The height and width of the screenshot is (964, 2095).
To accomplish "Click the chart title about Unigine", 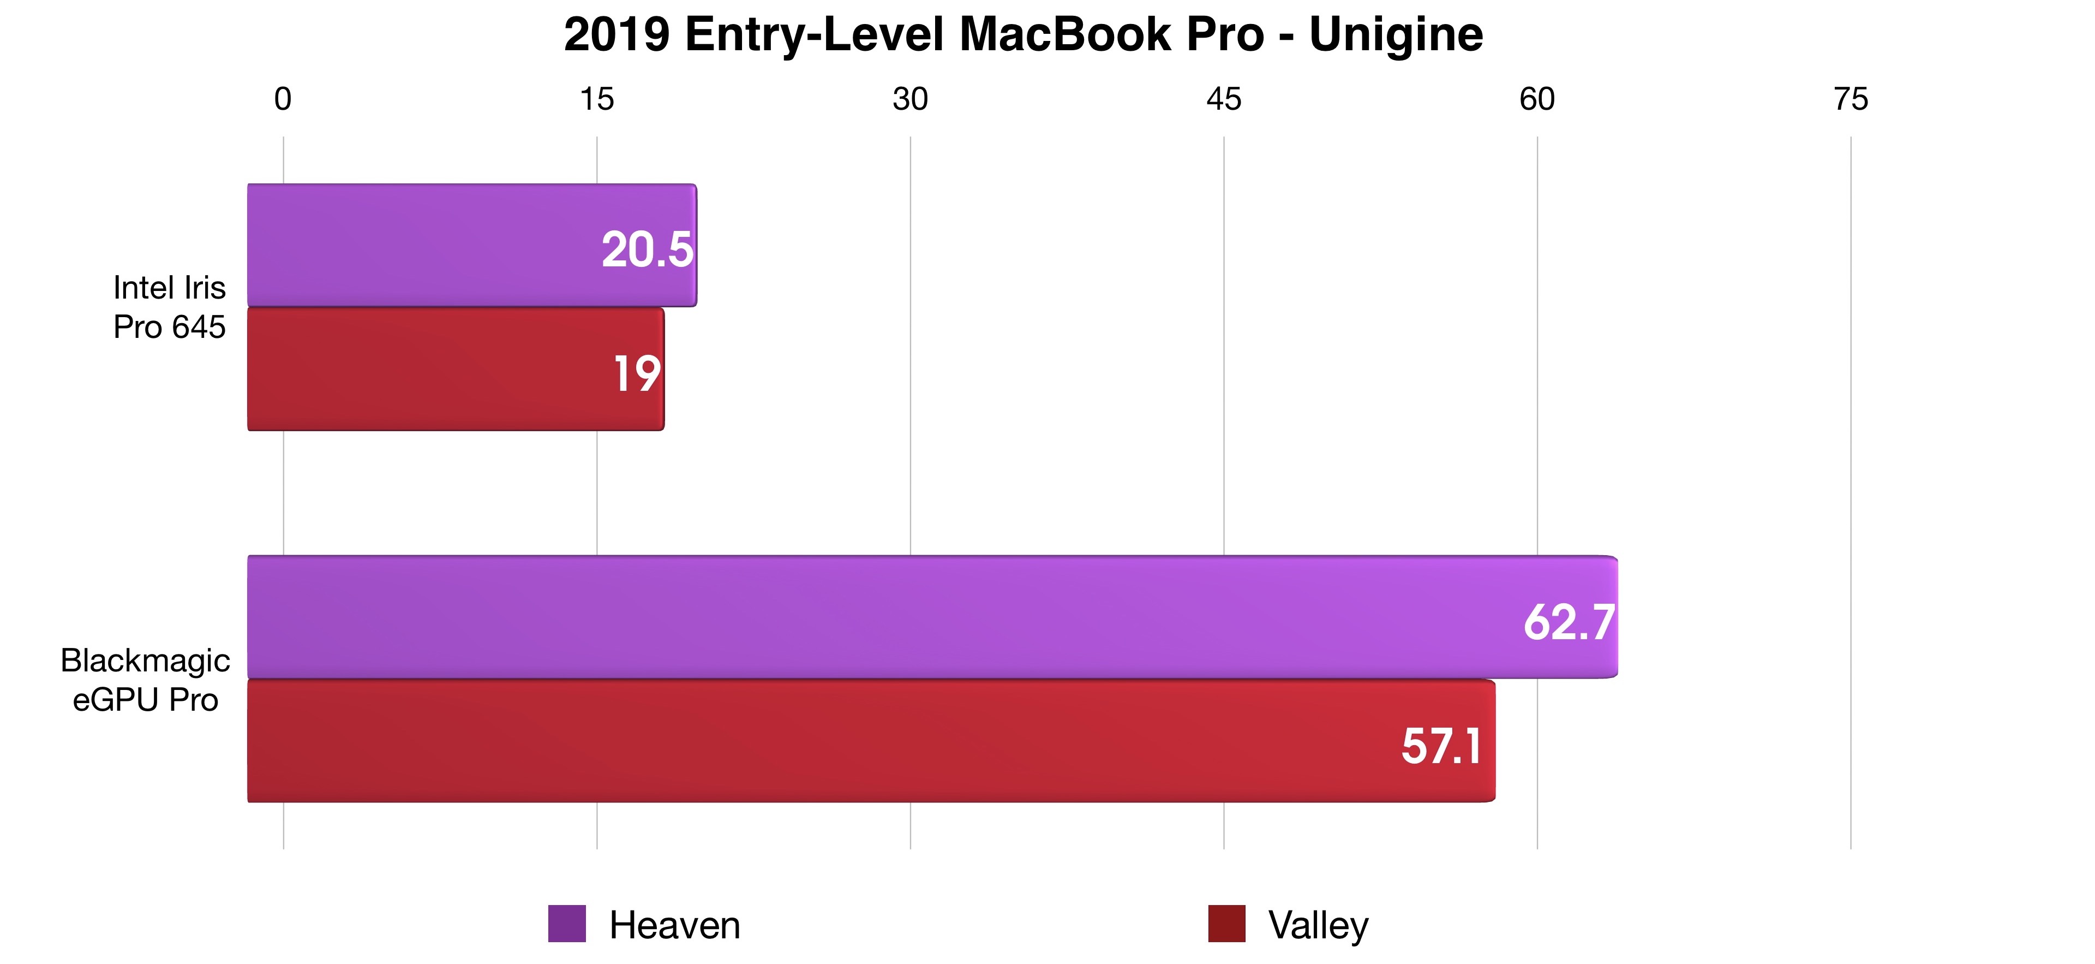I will tap(1023, 35).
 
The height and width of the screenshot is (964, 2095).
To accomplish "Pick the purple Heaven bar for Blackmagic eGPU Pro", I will tap(895, 617).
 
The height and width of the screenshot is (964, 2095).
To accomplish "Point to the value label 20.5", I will tap(647, 250).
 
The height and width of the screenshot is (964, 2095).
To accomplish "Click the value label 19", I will tap(636, 374).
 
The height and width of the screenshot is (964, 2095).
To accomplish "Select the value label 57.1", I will tap(1441, 746).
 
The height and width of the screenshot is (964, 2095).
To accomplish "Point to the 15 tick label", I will tap(596, 99).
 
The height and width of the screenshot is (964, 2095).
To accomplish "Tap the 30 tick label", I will tap(909, 99).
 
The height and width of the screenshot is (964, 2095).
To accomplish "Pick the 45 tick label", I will tap(1223, 99).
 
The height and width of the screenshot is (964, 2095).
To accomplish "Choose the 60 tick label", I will tap(1536, 99).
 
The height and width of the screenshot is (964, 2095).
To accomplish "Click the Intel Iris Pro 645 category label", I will tap(169, 307).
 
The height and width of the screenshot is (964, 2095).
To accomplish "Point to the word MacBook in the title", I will tap(1112, 35).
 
